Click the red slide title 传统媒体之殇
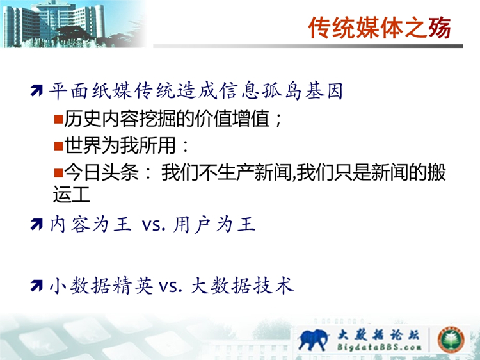pyautogui.click(x=380, y=28)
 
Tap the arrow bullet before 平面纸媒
pyautogui.click(x=36, y=90)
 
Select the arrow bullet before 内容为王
pyautogui.click(x=36, y=224)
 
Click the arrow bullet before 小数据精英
pyautogui.click(x=36, y=286)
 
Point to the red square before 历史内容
pyautogui.click(x=58, y=119)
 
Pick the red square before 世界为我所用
pyautogui.click(x=58, y=145)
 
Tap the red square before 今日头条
pyautogui.click(x=58, y=172)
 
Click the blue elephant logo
pyautogui.click(x=313, y=339)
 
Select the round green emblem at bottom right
pyautogui.click(x=451, y=340)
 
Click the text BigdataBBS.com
pyautogui.click(x=379, y=347)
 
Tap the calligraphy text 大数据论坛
pyautogui.click(x=378, y=334)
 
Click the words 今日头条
pyautogui.click(x=101, y=172)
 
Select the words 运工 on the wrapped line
pyautogui.click(x=71, y=194)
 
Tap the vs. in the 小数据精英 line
pyautogui.click(x=170, y=286)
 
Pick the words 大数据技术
pyautogui.click(x=242, y=286)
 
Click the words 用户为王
pyautogui.click(x=214, y=224)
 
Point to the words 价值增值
pyautogui.click(x=232, y=119)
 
